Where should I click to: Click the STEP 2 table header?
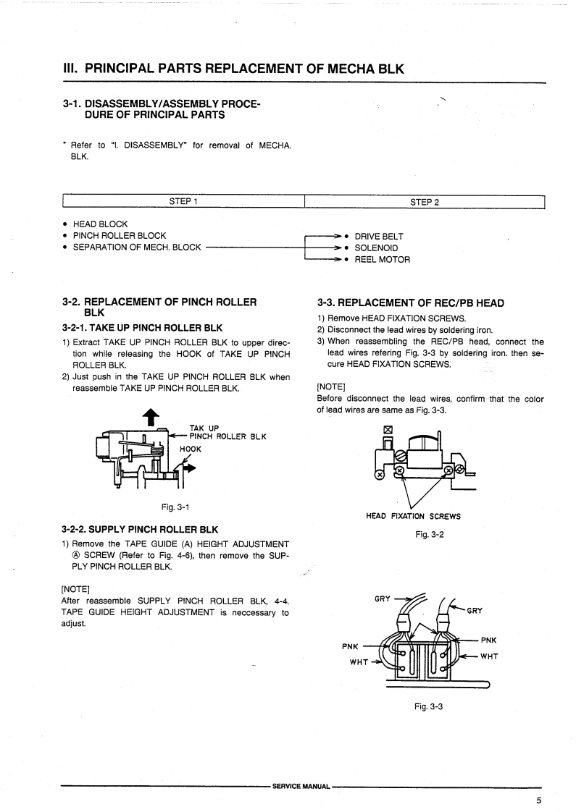coord(425,201)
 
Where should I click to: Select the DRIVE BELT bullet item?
coord(379,236)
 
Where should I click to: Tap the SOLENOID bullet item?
coord(376,248)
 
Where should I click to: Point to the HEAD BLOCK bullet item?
coord(99,224)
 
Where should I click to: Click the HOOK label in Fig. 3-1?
coord(191,449)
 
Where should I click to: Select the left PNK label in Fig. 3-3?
coord(351,647)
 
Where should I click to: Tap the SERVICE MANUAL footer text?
coord(301,785)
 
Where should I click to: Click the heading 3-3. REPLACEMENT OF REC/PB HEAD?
coord(411,303)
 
